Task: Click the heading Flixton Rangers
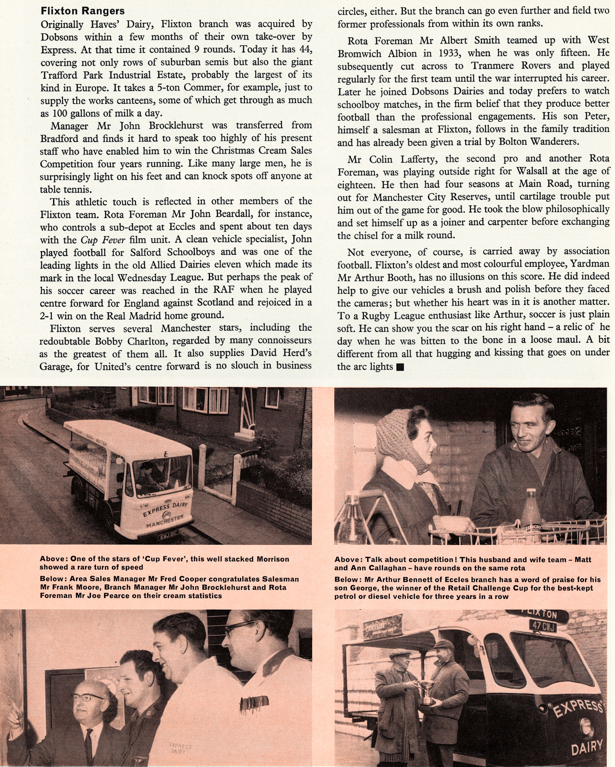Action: pyautogui.click(x=83, y=11)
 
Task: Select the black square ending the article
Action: pyautogui.click(x=400, y=367)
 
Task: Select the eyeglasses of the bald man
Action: pyautogui.click(x=88, y=698)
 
